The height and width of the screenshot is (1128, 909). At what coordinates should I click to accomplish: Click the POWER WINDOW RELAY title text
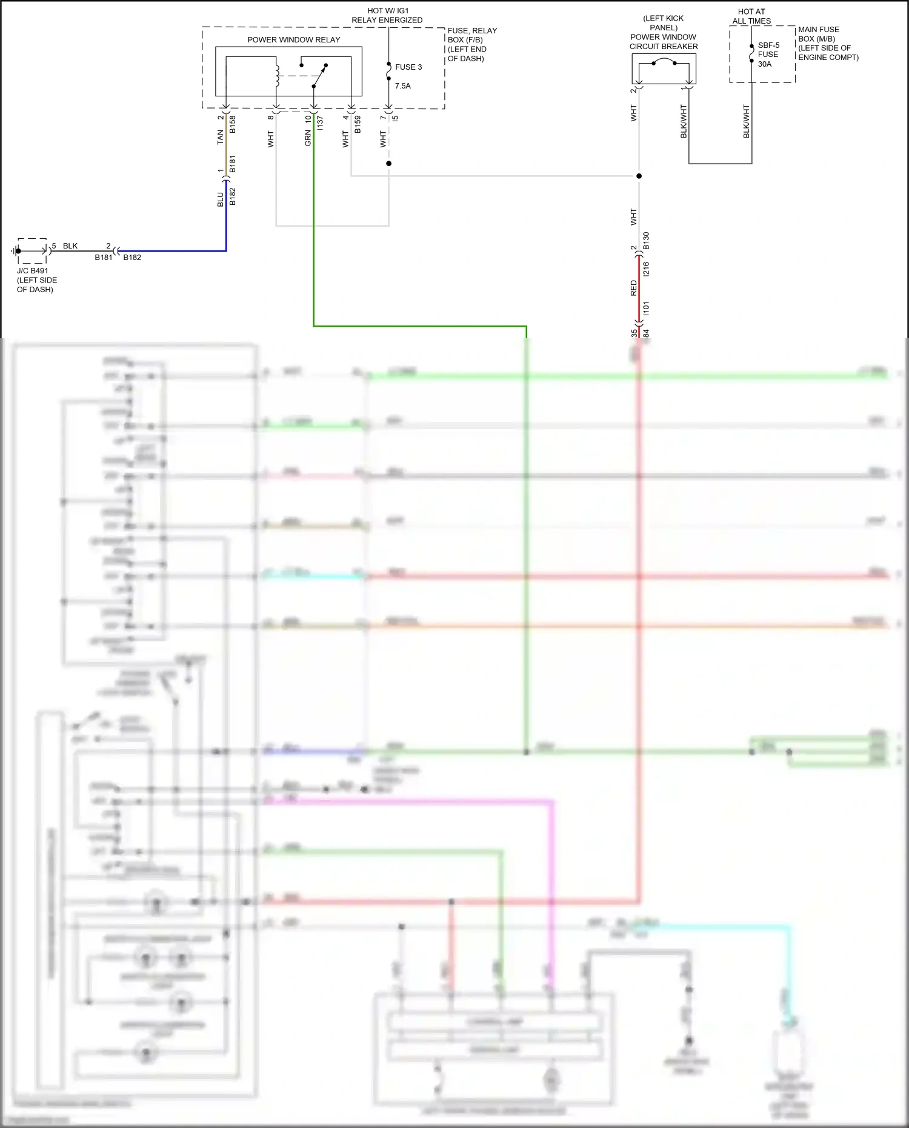pyautogui.click(x=293, y=40)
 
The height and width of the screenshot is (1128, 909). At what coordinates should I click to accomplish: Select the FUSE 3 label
pyautogui.click(x=408, y=67)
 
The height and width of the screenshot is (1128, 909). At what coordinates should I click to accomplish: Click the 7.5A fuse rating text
pyautogui.click(x=402, y=86)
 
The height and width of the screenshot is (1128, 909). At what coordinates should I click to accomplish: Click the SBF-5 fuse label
pyautogui.click(x=768, y=45)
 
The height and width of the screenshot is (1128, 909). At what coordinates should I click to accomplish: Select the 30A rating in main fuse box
pyautogui.click(x=765, y=64)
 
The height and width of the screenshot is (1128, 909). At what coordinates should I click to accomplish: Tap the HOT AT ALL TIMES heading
pyautogui.click(x=751, y=16)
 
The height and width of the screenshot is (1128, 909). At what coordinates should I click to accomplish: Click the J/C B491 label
pyautogui.click(x=32, y=271)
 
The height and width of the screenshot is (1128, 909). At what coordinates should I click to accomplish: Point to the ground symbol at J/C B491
pyautogui.click(x=14, y=251)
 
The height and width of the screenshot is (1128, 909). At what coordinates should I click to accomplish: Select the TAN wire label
pyautogui.click(x=221, y=137)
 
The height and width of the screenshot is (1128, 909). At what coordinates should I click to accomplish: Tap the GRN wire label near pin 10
pyautogui.click(x=308, y=138)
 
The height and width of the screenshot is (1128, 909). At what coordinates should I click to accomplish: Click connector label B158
pyautogui.click(x=233, y=124)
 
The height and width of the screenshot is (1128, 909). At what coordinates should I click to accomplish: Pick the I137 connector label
pyautogui.click(x=320, y=123)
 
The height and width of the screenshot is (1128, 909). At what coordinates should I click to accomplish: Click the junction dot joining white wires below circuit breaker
pyautogui.click(x=639, y=176)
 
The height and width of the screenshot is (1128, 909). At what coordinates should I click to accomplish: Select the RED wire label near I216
pyautogui.click(x=634, y=288)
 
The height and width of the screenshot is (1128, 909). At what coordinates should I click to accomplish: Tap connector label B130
pyautogui.click(x=647, y=241)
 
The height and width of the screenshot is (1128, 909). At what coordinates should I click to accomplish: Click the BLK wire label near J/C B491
pyautogui.click(x=70, y=246)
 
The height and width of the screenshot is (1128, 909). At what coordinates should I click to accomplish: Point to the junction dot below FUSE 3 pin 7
pyautogui.click(x=388, y=164)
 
